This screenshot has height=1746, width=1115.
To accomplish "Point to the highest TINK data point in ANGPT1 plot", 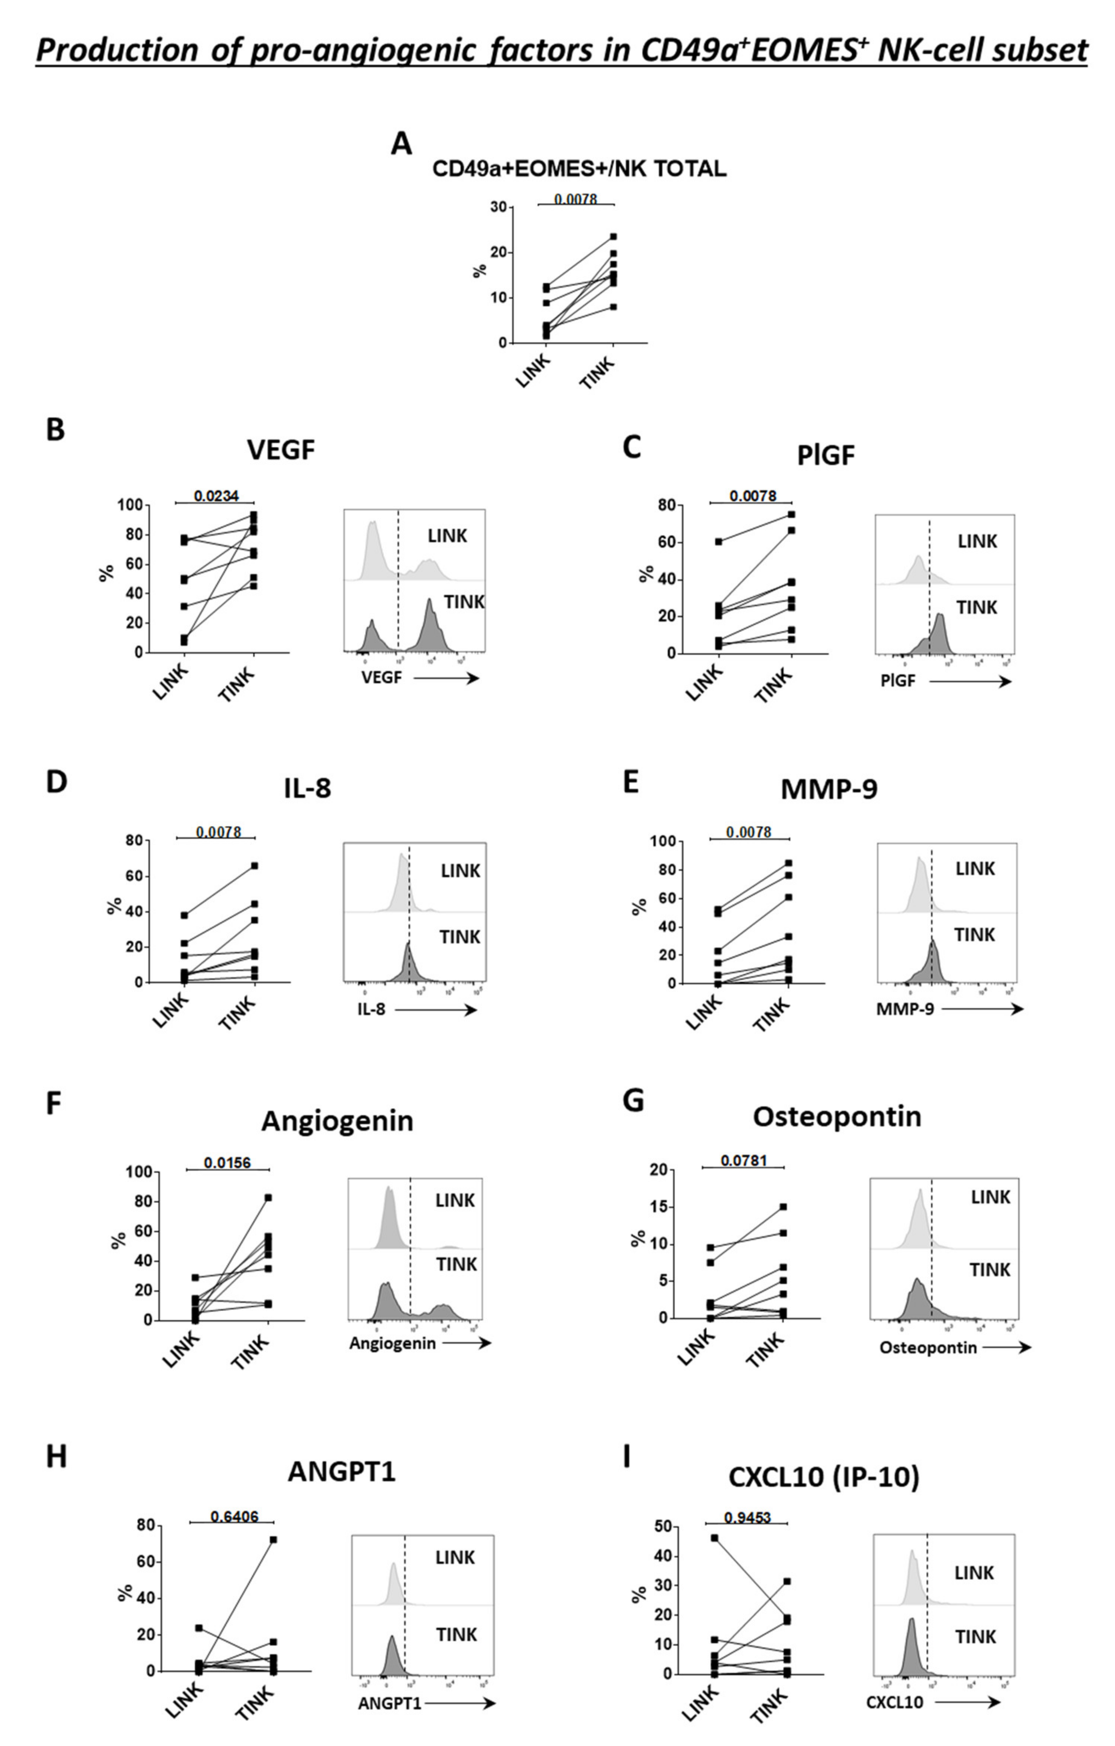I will coord(273,1539).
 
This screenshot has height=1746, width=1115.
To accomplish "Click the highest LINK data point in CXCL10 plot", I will coord(715,1538).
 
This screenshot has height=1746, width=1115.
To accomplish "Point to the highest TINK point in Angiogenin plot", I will coord(268,1198).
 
